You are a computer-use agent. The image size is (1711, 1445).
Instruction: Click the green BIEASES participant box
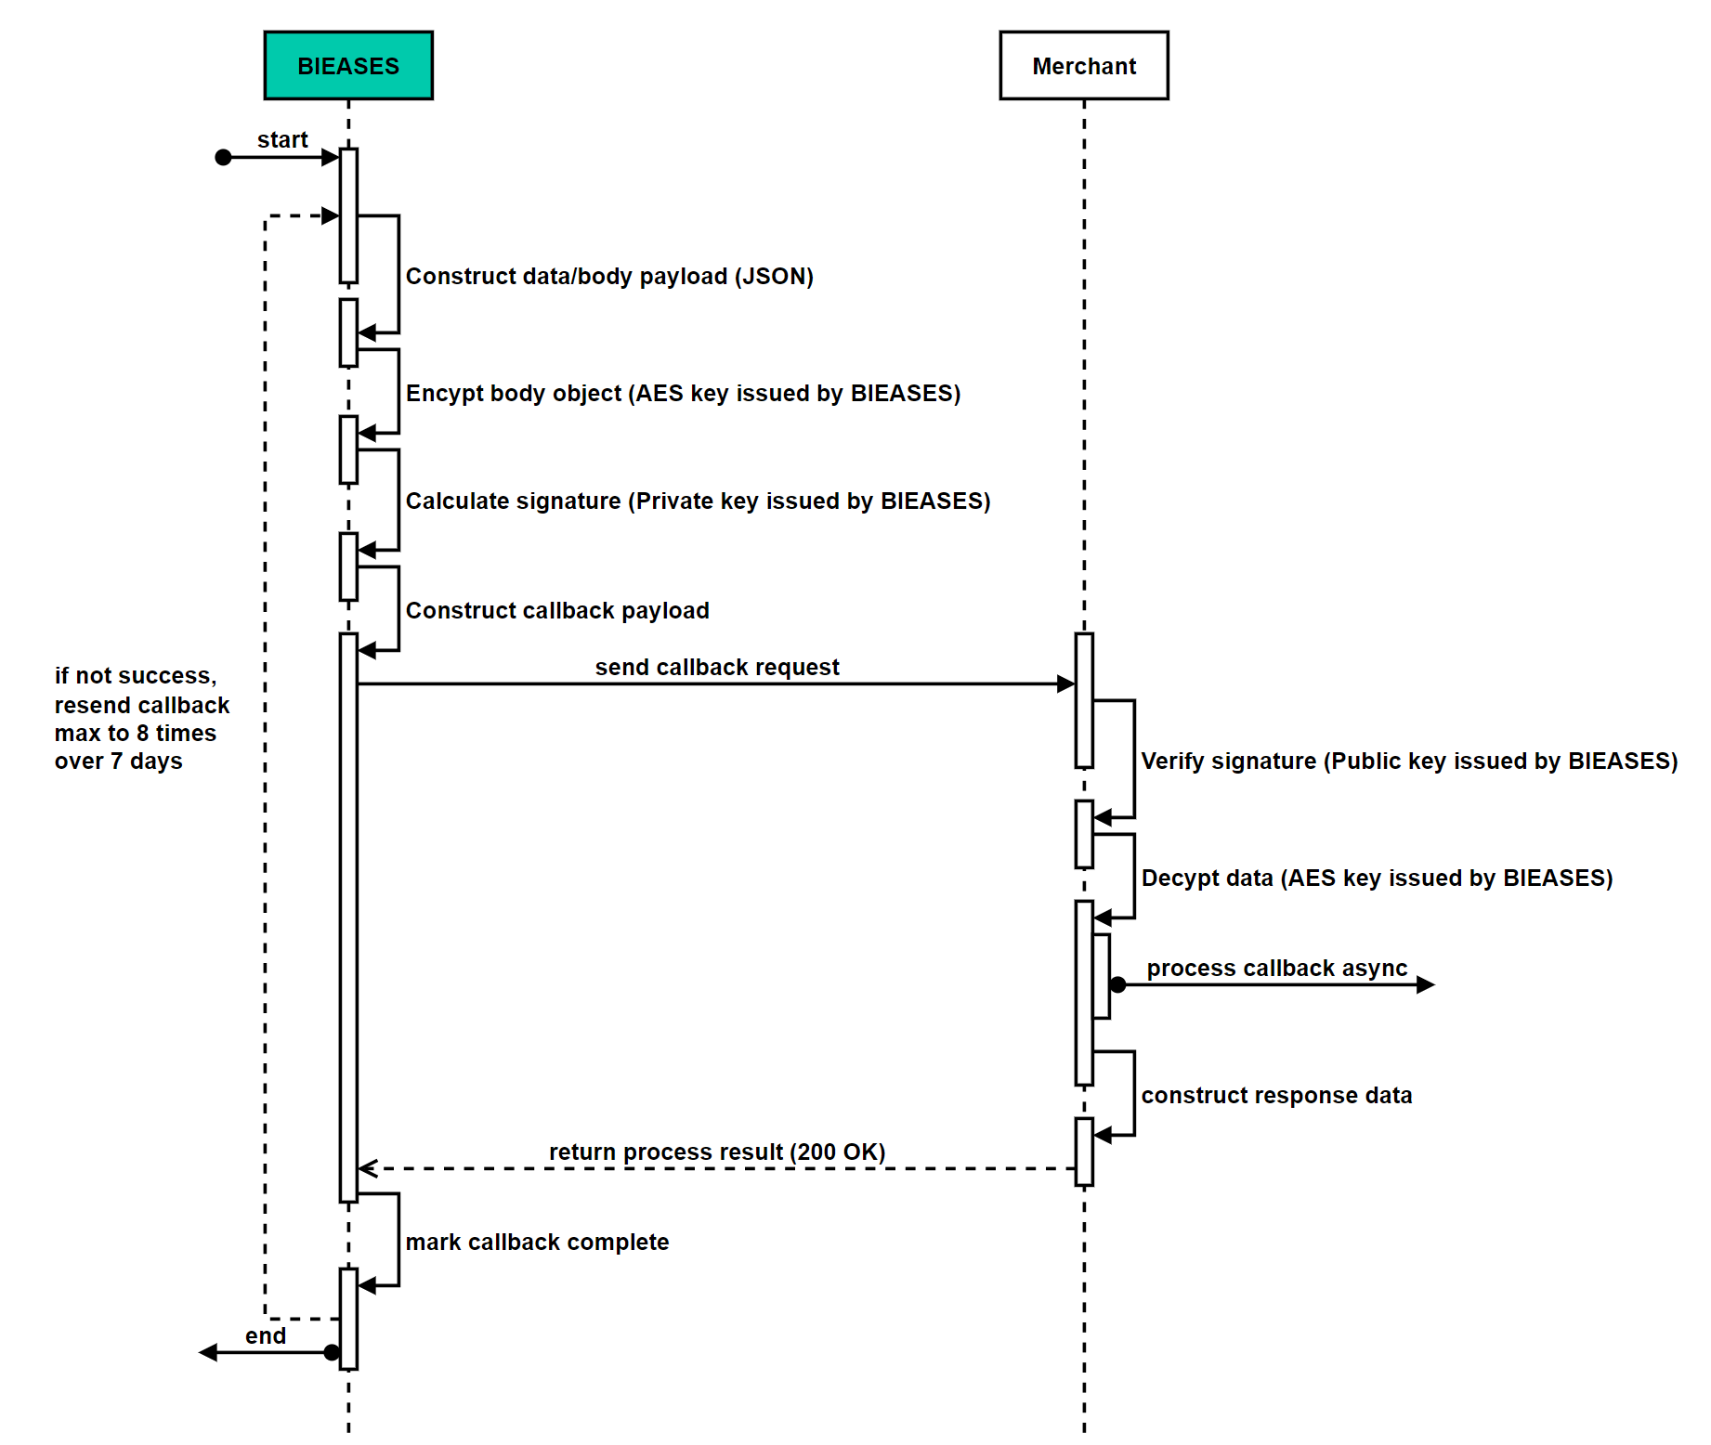348,66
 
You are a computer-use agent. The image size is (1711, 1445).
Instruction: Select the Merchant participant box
1083,66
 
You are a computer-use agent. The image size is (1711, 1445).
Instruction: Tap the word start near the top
282,140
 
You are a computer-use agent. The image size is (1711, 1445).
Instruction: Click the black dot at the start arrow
223,158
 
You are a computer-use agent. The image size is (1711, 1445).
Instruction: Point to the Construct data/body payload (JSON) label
609,277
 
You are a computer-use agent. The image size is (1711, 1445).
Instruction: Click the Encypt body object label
683,394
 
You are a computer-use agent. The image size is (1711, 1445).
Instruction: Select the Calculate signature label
698,501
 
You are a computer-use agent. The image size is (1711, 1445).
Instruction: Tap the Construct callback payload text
557,611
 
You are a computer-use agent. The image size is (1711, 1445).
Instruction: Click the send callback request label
717,668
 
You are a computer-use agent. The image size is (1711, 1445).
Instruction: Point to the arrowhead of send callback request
1066,684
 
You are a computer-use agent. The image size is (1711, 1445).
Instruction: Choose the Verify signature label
1409,762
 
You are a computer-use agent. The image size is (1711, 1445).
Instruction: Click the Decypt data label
1377,879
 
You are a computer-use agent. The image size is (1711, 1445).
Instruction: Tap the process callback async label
1277,969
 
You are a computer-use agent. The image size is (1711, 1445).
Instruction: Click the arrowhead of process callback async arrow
1426,985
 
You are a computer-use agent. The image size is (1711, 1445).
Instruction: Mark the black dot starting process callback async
1118,985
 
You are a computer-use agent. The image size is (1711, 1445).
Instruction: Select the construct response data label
1276,1096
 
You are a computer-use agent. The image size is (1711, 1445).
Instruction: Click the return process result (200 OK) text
717,1152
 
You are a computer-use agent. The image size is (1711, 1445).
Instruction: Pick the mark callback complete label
537,1243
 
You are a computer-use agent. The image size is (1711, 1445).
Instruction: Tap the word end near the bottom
266,1336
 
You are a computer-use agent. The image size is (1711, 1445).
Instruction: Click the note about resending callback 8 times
141,719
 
